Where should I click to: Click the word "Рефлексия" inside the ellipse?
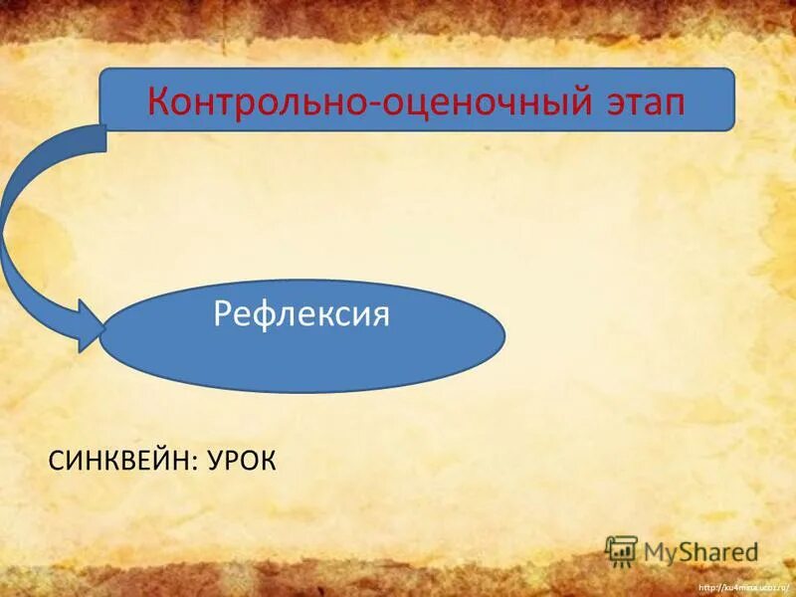(x=301, y=315)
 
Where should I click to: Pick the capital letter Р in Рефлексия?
(x=223, y=316)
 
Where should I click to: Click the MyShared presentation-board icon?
(x=621, y=550)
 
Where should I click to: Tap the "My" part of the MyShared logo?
(x=660, y=551)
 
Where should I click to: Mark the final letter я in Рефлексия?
(x=379, y=316)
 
